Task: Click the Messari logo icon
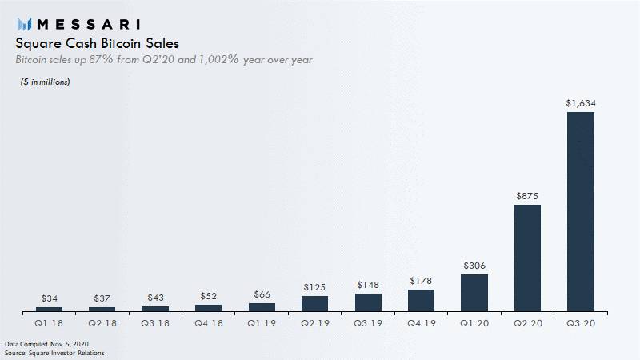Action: [x=25, y=23]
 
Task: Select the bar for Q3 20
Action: [x=580, y=211]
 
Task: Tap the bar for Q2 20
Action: [x=527, y=258]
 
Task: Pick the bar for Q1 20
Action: [x=474, y=293]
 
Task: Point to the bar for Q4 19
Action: [x=421, y=300]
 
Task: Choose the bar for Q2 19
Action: [x=314, y=303]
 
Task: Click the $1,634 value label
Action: [x=580, y=103]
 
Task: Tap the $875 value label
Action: [x=527, y=195]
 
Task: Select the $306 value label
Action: [x=474, y=266]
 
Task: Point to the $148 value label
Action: [x=368, y=284]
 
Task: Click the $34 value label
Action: [x=49, y=298]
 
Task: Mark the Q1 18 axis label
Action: [x=49, y=323]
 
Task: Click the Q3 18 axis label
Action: [x=155, y=323]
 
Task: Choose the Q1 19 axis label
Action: [x=262, y=323]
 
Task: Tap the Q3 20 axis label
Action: [x=580, y=323]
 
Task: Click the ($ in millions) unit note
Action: [x=46, y=82]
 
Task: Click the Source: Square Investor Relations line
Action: [x=54, y=353]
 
